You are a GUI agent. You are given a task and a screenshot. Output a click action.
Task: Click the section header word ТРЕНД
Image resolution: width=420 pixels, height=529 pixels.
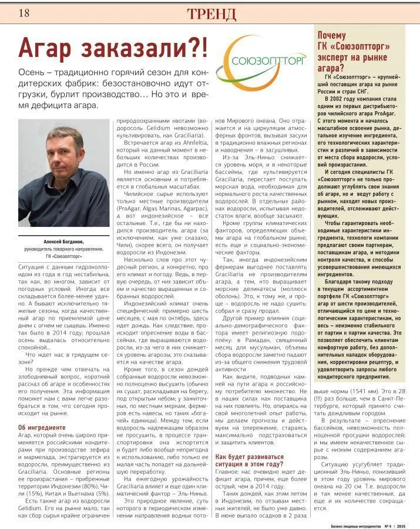pos(212,14)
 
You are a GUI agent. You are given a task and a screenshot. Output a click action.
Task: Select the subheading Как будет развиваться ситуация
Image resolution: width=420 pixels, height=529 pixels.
pos(250,460)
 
